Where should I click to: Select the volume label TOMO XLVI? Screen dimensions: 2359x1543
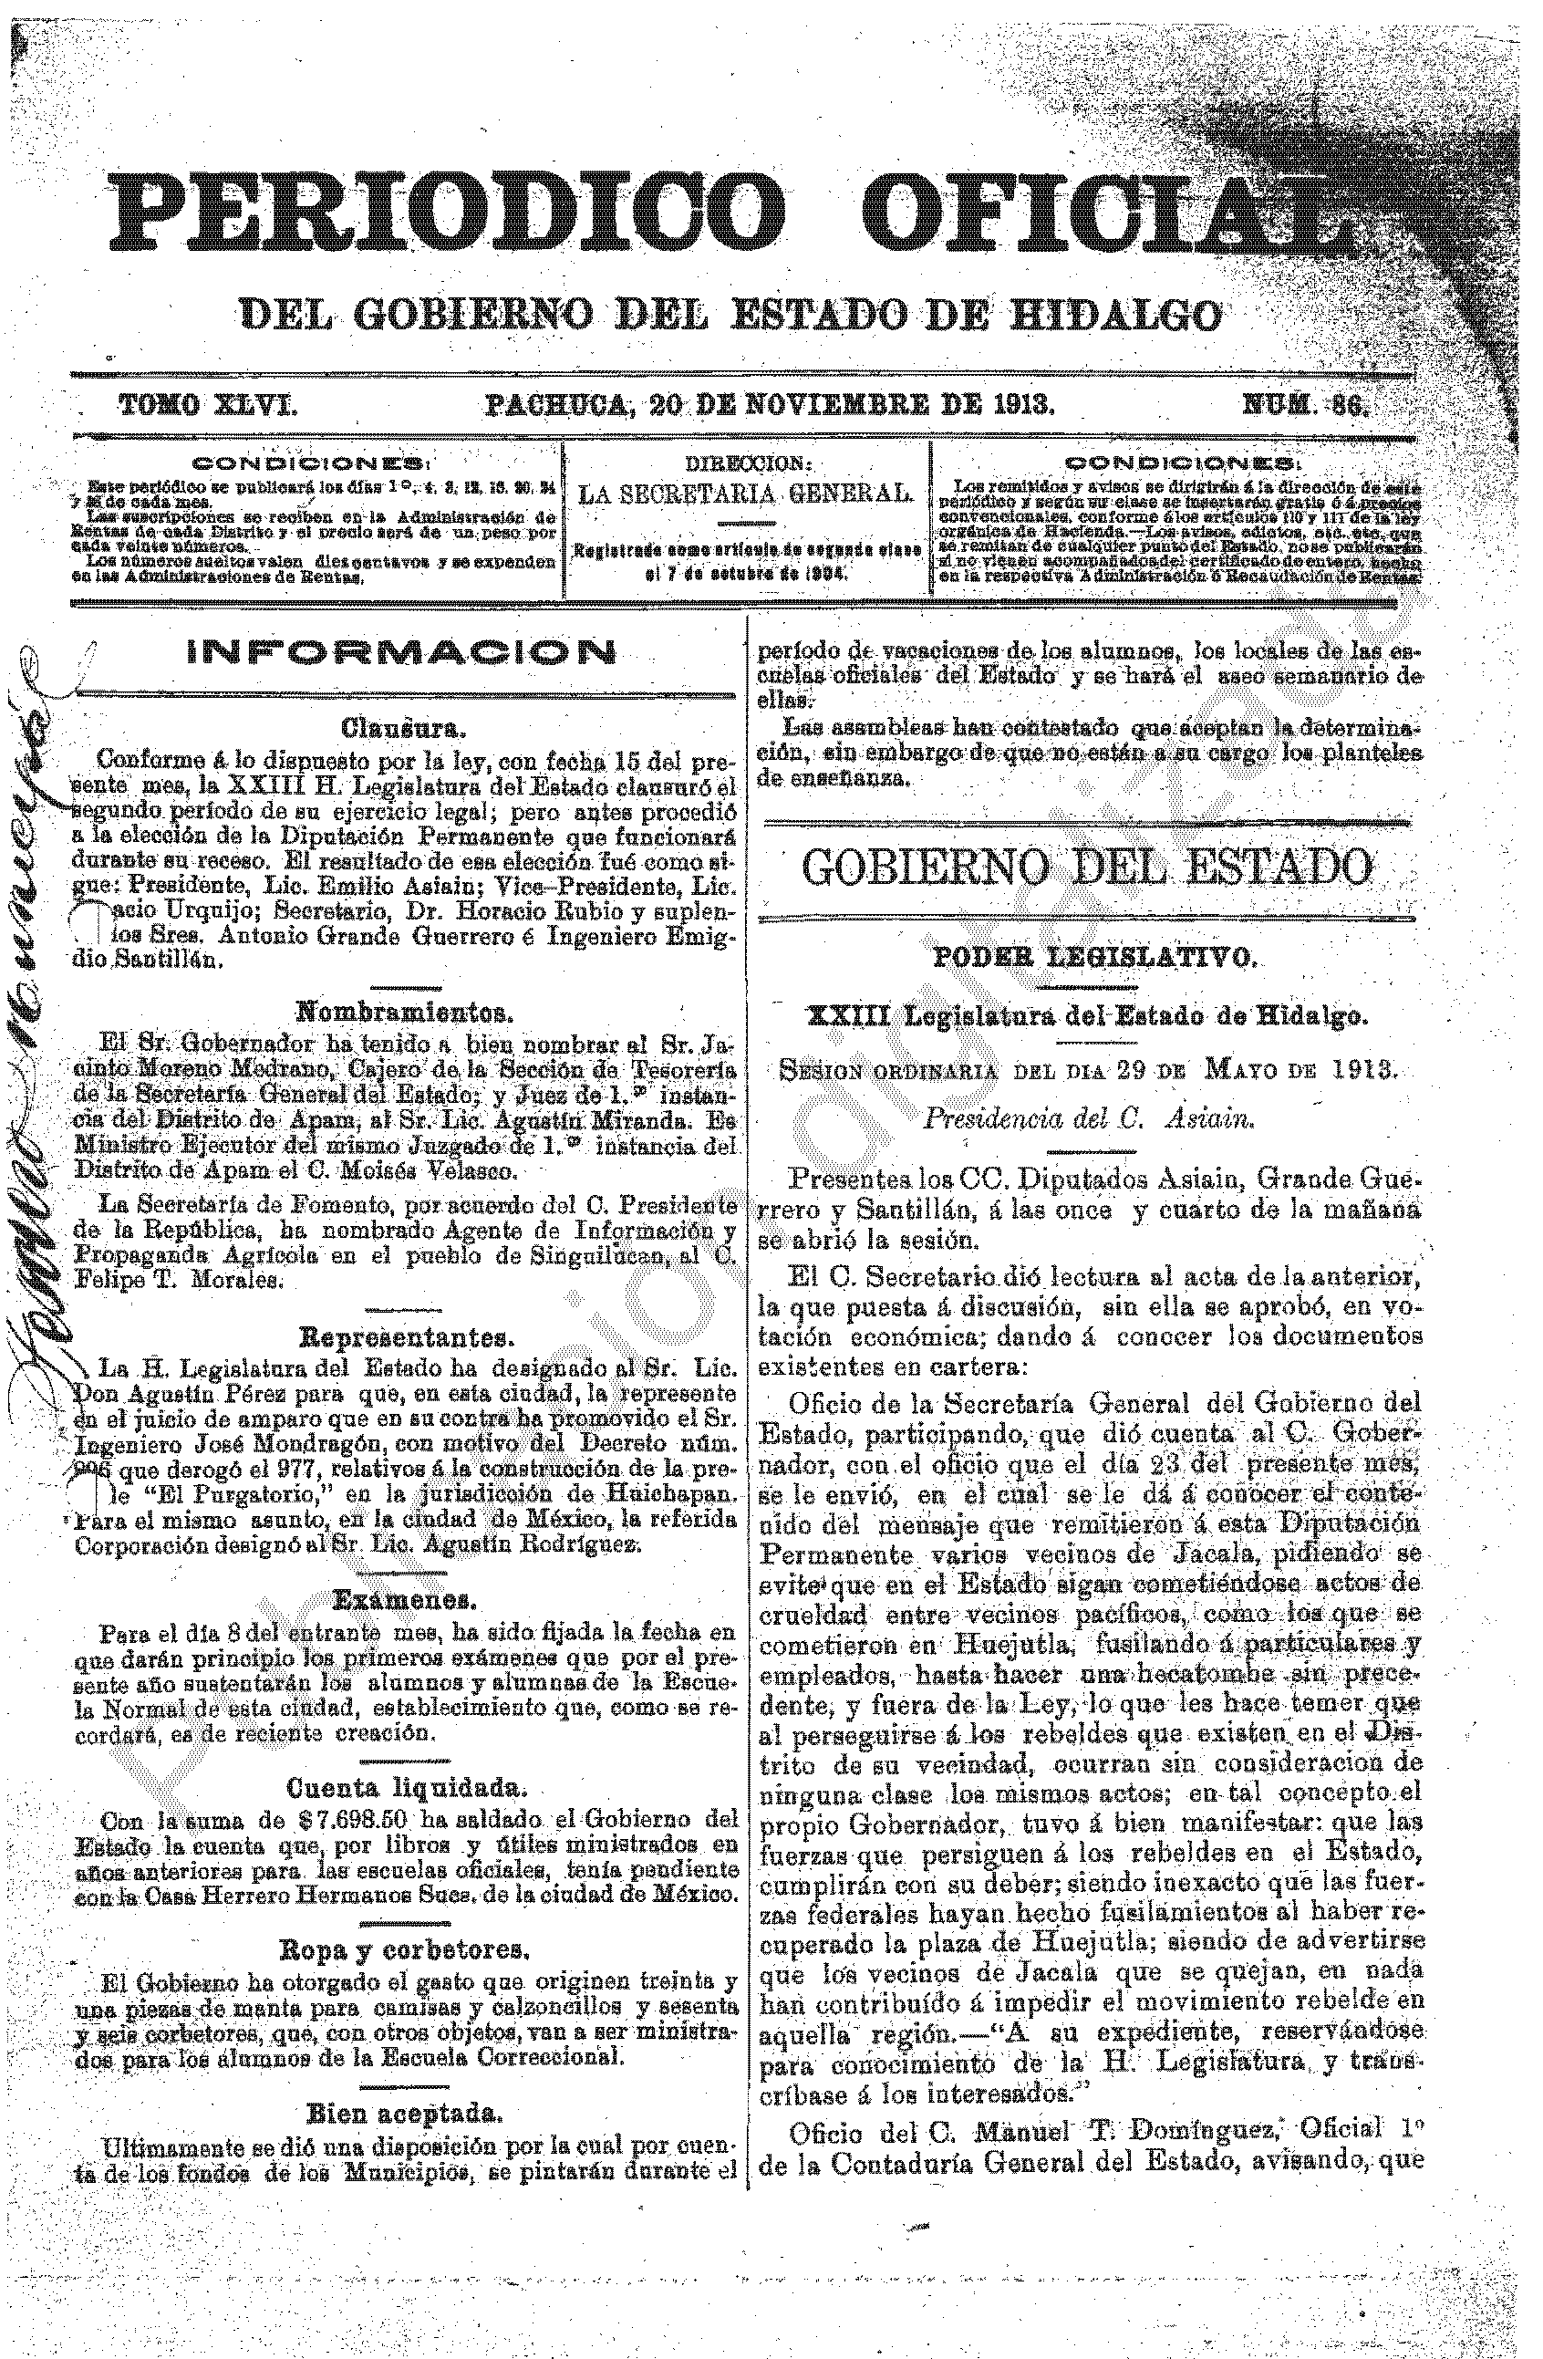[x=209, y=404]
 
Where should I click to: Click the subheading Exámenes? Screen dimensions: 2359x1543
[x=402, y=1599]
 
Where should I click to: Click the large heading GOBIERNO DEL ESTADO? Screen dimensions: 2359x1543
[x=1087, y=868]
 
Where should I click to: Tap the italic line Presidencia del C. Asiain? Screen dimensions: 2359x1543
[x=1089, y=1119]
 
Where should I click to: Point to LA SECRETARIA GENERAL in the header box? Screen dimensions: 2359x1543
[x=745, y=494]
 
